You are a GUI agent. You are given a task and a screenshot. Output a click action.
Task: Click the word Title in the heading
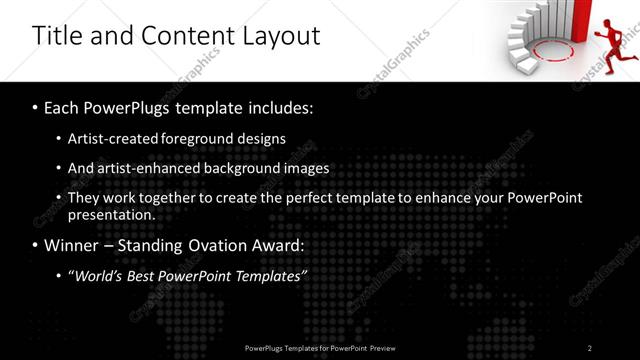(56, 36)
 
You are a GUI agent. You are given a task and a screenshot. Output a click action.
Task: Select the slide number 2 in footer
(590, 348)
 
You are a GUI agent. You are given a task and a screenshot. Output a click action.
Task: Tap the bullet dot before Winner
(37, 245)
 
